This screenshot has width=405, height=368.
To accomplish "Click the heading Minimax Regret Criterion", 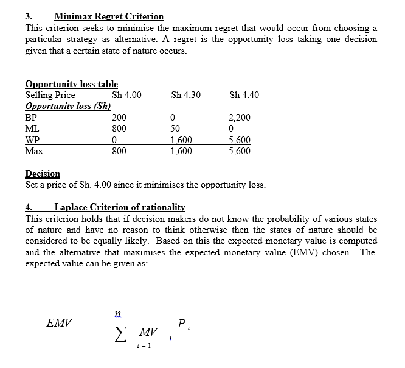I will click(x=109, y=16).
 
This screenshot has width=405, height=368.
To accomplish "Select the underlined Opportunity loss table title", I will click(x=72, y=84).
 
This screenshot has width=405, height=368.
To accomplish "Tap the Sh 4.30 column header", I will click(x=185, y=95).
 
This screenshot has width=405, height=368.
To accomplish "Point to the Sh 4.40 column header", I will click(x=244, y=95).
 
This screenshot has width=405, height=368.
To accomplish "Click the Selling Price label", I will click(x=50, y=95).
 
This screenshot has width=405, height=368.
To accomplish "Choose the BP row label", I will click(x=31, y=117).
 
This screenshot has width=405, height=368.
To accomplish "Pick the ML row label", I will click(x=32, y=129).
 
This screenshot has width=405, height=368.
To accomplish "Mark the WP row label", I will click(x=32, y=140).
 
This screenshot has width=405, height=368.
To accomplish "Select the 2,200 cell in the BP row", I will click(x=239, y=117).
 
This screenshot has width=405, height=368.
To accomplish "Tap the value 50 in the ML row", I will click(x=175, y=129).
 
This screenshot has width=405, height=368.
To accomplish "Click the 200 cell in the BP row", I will click(x=119, y=117).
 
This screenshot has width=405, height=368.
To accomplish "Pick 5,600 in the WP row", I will click(x=239, y=140).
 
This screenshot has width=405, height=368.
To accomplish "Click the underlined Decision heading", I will click(x=43, y=174).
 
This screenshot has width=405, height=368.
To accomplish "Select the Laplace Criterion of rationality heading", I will click(x=119, y=207).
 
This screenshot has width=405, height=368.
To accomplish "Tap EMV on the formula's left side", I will click(x=59, y=324).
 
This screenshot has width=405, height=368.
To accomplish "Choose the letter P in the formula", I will click(x=182, y=324).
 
